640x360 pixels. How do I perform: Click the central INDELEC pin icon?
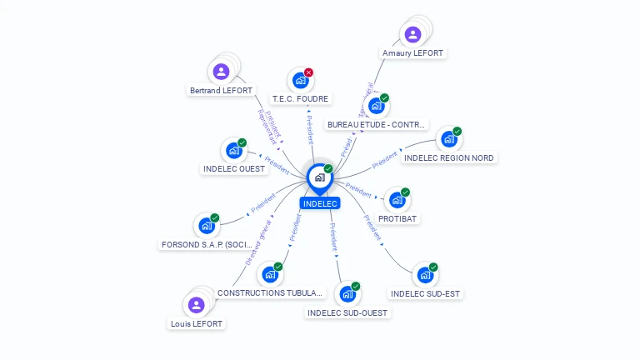319,177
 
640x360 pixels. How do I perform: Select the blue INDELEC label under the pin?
320,203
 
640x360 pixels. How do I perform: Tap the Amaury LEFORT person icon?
412,34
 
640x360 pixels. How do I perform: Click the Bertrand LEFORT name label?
221,90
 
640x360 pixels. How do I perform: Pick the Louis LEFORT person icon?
197,305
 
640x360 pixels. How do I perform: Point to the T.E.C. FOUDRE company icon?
299,81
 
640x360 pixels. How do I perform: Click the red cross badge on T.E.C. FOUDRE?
308,72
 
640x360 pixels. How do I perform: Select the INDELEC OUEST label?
234,168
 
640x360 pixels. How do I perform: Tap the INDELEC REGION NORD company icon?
448,139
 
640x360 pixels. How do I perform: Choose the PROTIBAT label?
397,218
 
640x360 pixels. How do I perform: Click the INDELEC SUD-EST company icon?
425,275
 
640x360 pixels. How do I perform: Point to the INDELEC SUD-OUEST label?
347,312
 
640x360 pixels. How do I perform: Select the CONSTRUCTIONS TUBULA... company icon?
269,274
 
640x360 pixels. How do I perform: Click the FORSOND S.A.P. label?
206,245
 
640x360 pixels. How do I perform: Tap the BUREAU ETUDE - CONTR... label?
377,124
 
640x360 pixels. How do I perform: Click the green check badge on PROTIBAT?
407,192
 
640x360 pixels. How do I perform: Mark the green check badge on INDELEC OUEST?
242,143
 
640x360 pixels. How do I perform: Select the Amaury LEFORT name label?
412,52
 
